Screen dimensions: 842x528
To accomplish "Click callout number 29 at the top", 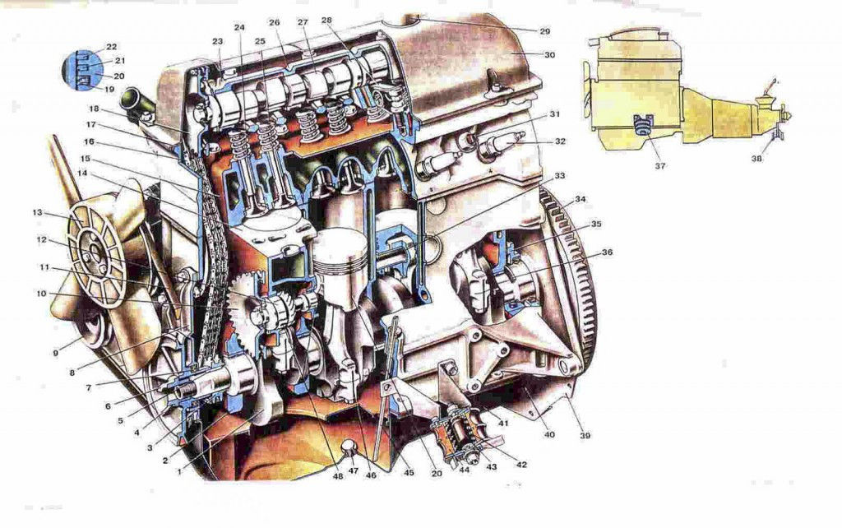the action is pos(545,32).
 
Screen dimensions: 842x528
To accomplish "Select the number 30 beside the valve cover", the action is pos(549,55).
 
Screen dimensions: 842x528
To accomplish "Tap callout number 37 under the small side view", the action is pos(660,166).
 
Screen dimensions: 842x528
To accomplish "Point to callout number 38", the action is pos(756,159).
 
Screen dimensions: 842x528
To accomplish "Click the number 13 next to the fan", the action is pos(37,213).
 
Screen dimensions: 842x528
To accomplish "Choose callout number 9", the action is pos(56,353).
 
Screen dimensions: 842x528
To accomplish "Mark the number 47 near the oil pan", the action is pos(353,470).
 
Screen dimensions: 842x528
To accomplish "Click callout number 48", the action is pos(338,475).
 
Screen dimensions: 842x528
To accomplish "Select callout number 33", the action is pos(559,176).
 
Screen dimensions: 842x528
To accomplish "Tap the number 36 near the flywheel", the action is pos(607,252).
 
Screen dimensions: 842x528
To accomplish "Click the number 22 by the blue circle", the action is pos(112,47).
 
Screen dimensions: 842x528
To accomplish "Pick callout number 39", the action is pos(585,435).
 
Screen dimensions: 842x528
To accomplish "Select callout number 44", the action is pos(464,470).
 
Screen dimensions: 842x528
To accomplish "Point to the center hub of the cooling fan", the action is pos(95,252).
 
